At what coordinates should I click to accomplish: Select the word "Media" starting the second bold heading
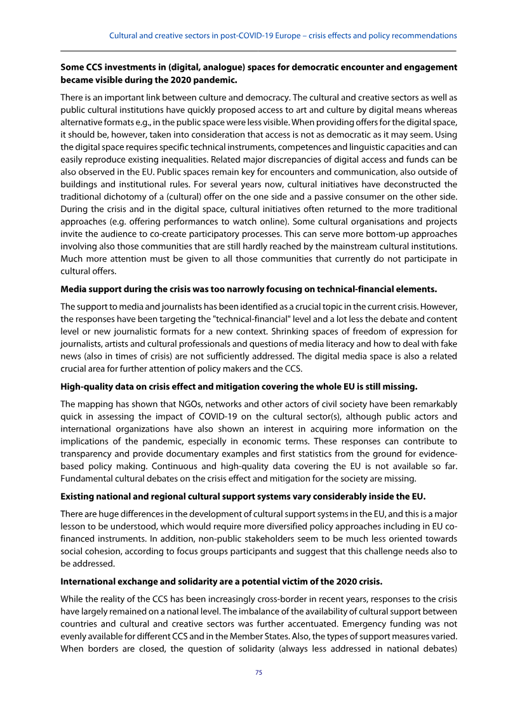73,289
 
